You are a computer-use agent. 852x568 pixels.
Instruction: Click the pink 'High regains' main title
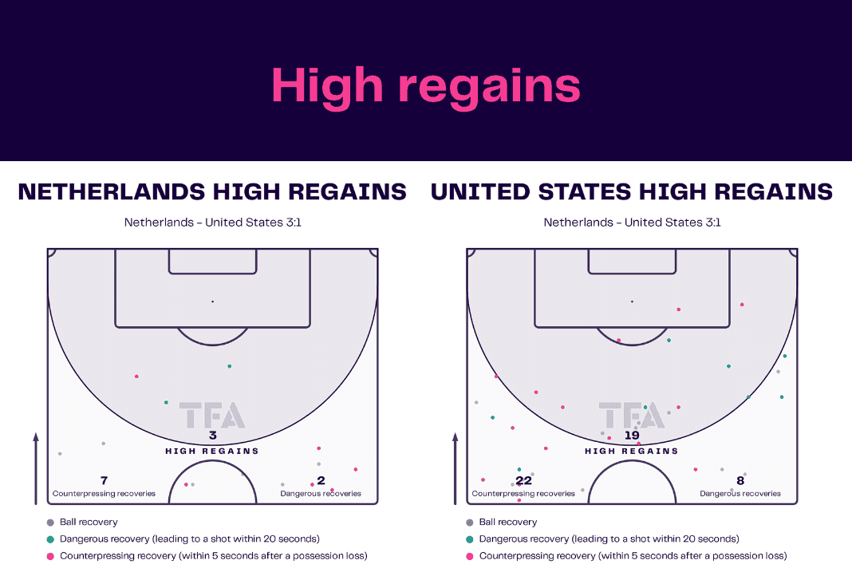[426, 86]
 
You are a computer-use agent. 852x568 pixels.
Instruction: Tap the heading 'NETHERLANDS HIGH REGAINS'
[212, 192]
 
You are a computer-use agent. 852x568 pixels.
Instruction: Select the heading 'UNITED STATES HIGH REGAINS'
[631, 192]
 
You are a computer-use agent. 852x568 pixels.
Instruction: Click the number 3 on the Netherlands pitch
[213, 436]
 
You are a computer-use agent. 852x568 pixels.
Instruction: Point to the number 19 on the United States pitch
[632, 436]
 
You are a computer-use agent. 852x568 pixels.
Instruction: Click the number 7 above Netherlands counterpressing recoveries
[105, 480]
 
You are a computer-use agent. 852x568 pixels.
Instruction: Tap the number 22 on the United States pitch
[524, 480]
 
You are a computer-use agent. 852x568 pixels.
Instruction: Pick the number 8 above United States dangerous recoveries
[740, 480]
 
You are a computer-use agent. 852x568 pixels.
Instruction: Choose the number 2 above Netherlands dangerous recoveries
[321, 480]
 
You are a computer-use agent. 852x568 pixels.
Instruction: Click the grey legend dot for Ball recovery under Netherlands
[50, 523]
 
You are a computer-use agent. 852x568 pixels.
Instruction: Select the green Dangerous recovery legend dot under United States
[470, 539]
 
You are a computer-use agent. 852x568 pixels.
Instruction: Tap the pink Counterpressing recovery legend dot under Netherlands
[50, 556]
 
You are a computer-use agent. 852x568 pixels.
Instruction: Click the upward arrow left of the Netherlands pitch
[36, 468]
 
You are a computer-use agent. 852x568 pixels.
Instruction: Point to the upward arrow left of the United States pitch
[456, 468]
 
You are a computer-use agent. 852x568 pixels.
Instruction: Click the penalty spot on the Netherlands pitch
[212, 301]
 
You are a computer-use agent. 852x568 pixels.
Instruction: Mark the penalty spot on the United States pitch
[632, 301]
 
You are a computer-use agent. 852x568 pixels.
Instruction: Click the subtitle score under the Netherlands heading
[212, 223]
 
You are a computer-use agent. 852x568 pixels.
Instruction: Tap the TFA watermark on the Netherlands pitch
[212, 416]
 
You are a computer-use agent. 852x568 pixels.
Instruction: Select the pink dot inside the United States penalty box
[679, 310]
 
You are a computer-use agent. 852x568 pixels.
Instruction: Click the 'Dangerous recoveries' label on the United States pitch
[740, 494]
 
